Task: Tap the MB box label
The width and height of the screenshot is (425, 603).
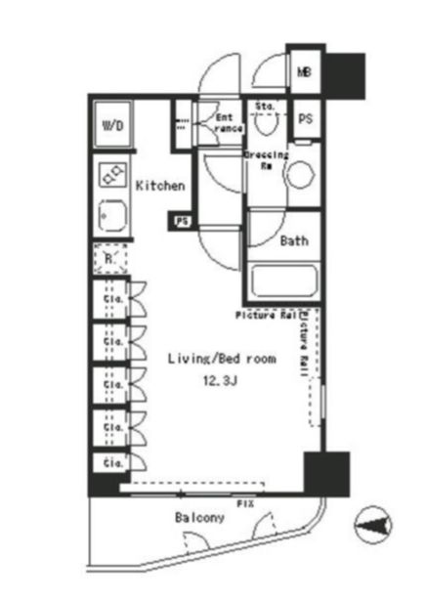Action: (x=304, y=71)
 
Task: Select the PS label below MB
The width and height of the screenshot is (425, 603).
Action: (x=305, y=118)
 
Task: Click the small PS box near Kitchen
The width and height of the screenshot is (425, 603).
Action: (x=182, y=221)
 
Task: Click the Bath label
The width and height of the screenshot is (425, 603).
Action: (x=295, y=240)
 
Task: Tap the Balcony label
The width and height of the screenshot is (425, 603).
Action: (x=200, y=517)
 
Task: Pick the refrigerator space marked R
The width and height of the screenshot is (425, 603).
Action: (x=111, y=259)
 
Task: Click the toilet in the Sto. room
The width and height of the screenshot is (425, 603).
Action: (x=265, y=124)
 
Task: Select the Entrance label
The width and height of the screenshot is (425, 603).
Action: (x=228, y=123)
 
